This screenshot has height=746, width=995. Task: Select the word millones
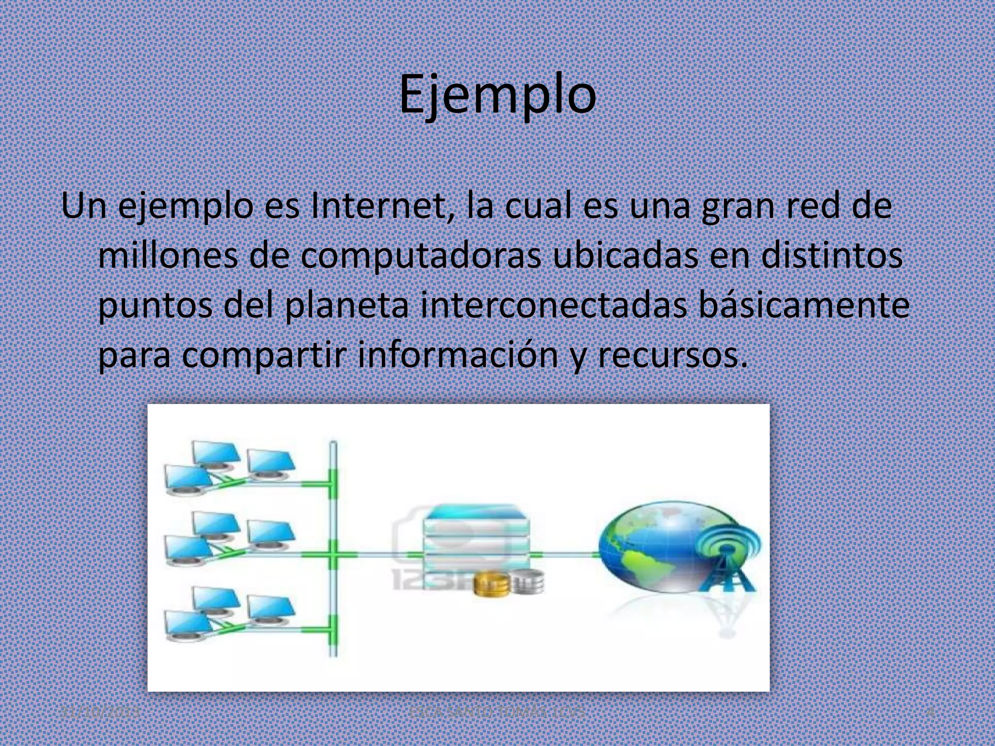coord(168,256)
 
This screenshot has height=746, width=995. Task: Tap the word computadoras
coord(420,256)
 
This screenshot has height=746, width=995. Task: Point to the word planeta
coord(346,305)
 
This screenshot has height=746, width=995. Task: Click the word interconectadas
coord(554,305)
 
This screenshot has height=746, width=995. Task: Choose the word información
coord(458,355)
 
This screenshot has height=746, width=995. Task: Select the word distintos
coord(832,256)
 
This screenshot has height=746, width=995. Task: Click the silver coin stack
coord(529,583)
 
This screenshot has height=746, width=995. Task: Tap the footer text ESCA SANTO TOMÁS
coord(497,712)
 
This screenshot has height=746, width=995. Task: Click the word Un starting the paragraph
coord(84,206)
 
